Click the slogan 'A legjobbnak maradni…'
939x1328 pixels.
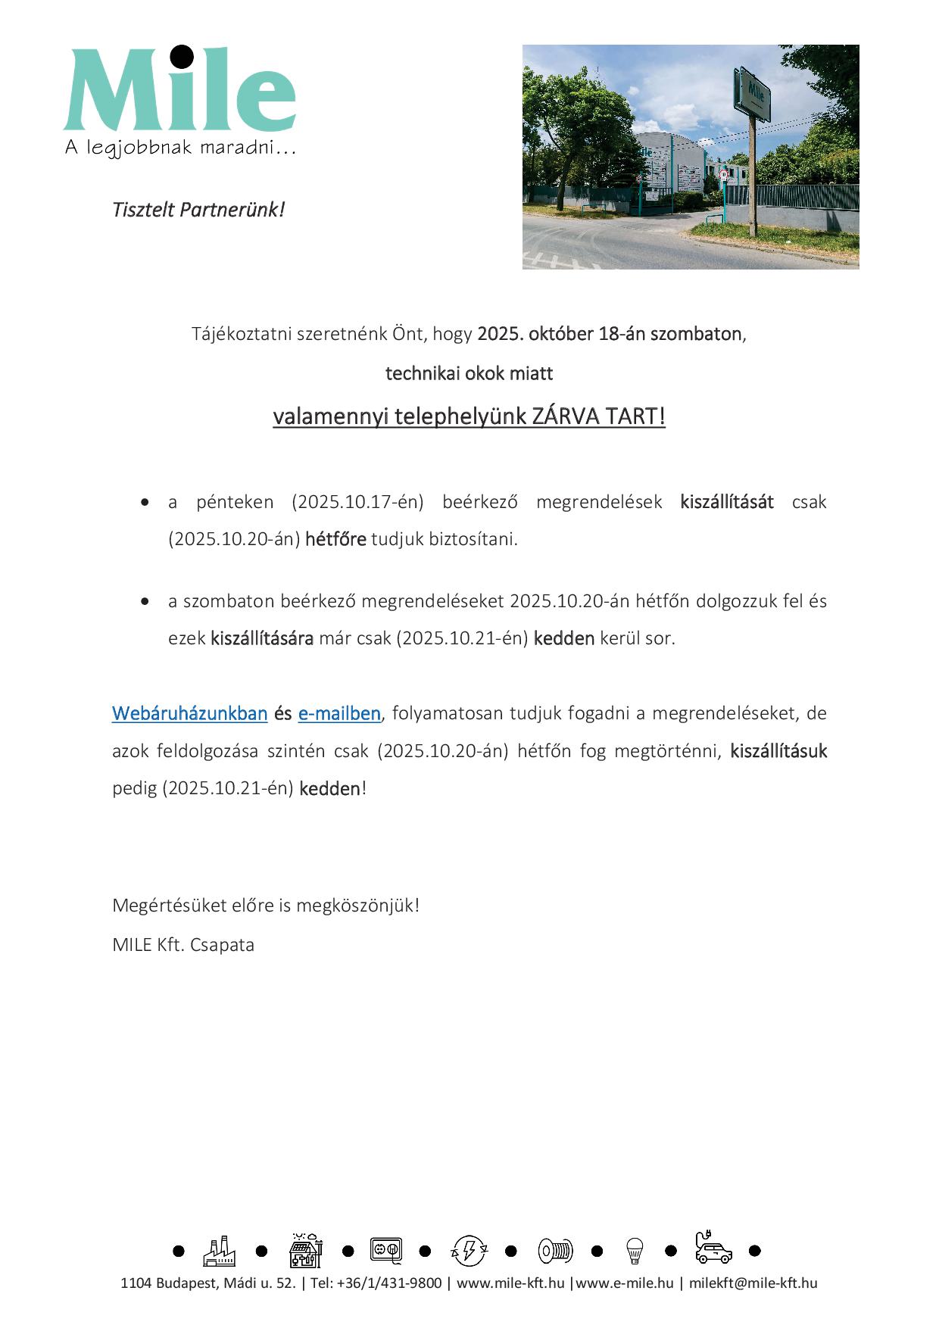coord(179,148)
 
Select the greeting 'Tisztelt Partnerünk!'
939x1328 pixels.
coord(198,210)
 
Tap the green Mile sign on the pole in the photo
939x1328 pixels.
coord(754,93)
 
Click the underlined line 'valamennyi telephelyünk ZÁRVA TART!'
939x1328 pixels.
coord(469,416)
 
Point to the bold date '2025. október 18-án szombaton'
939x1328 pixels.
coord(609,334)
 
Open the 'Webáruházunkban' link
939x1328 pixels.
coord(189,713)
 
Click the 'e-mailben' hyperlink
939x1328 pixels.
coord(339,713)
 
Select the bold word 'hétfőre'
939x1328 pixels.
coord(335,540)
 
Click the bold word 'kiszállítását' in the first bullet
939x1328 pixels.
coord(726,502)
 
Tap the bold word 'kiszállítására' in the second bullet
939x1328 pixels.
coord(262,638)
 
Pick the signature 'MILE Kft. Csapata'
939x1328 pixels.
coord(183,945)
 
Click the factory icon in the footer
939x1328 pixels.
coord(219,1251)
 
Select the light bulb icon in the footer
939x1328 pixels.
coord(635,1251)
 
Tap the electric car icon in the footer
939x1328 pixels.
coord(713,1249)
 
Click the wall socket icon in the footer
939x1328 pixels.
coord(385,1250)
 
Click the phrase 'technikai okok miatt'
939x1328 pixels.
coord(469,373)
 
